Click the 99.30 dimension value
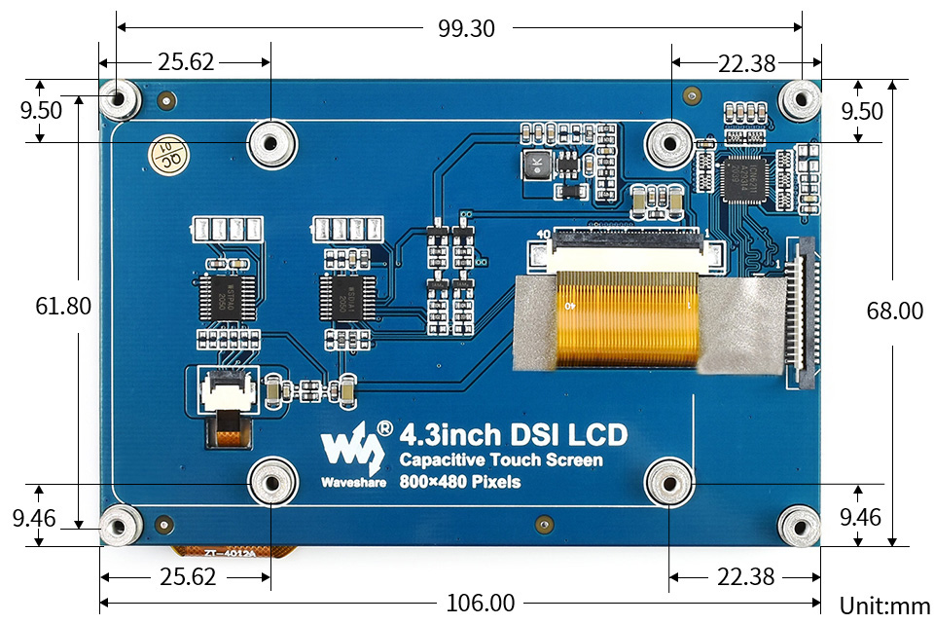[x=466, y=29]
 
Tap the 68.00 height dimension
[x=895, y=311]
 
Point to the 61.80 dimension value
[x=63, y=307]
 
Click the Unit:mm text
[x=884, y=606]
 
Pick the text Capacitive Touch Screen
[x=501, y=460]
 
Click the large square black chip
[x=746, y=181]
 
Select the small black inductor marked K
[x=533, y=165]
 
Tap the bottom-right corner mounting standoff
[x=801, y=526]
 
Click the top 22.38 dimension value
[x=747, y=64]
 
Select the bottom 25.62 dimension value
[x=187, y=576]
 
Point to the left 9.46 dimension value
[x=34, y=518]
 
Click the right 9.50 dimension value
[x=862, y=111]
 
